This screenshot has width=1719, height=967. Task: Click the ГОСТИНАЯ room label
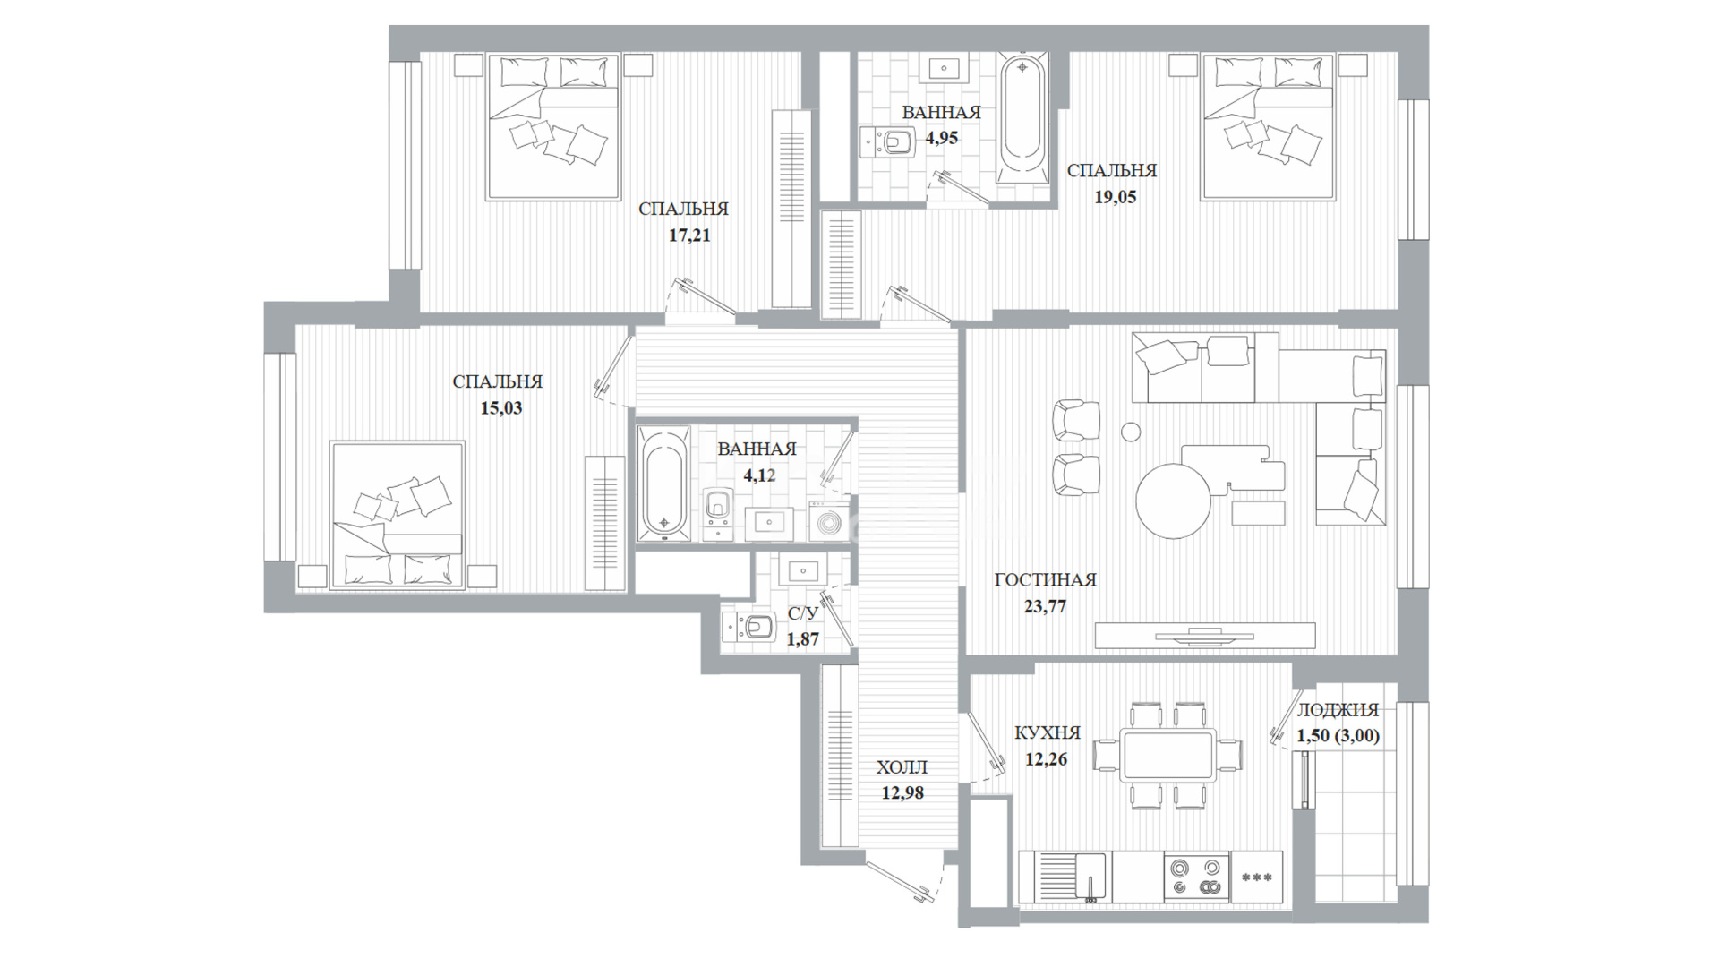pyautogui.click(x=1045, y=580)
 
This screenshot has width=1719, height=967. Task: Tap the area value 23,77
pyautogui.click(x=1045, y=606)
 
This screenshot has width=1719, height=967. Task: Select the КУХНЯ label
pyautogui.click(x=1048, y=733)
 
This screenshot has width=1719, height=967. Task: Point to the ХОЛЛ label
pyautogui.click(x=902, y=767)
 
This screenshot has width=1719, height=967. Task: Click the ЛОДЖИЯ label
pyautogui.click(x=1338, y=710)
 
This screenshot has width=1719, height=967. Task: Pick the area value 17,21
pyautogui.click(x=688, y=236)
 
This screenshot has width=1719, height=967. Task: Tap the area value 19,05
pyautogui.click(x=1115, y=197)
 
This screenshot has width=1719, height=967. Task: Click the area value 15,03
pyautogui.click(x=500, y=408)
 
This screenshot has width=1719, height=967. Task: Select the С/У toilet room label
pyautogui.click(x=803, y=613)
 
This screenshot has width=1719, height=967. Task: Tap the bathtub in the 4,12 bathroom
pyautogui.click(x=663, y=484)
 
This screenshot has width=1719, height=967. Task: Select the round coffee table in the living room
pyautogui.click(x=1174, y=500)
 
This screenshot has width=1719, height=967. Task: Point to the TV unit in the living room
pyautogui.click(x=1205, y=635)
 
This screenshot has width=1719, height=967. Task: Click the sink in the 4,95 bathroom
pyautogui.click(x=945, y=68)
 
